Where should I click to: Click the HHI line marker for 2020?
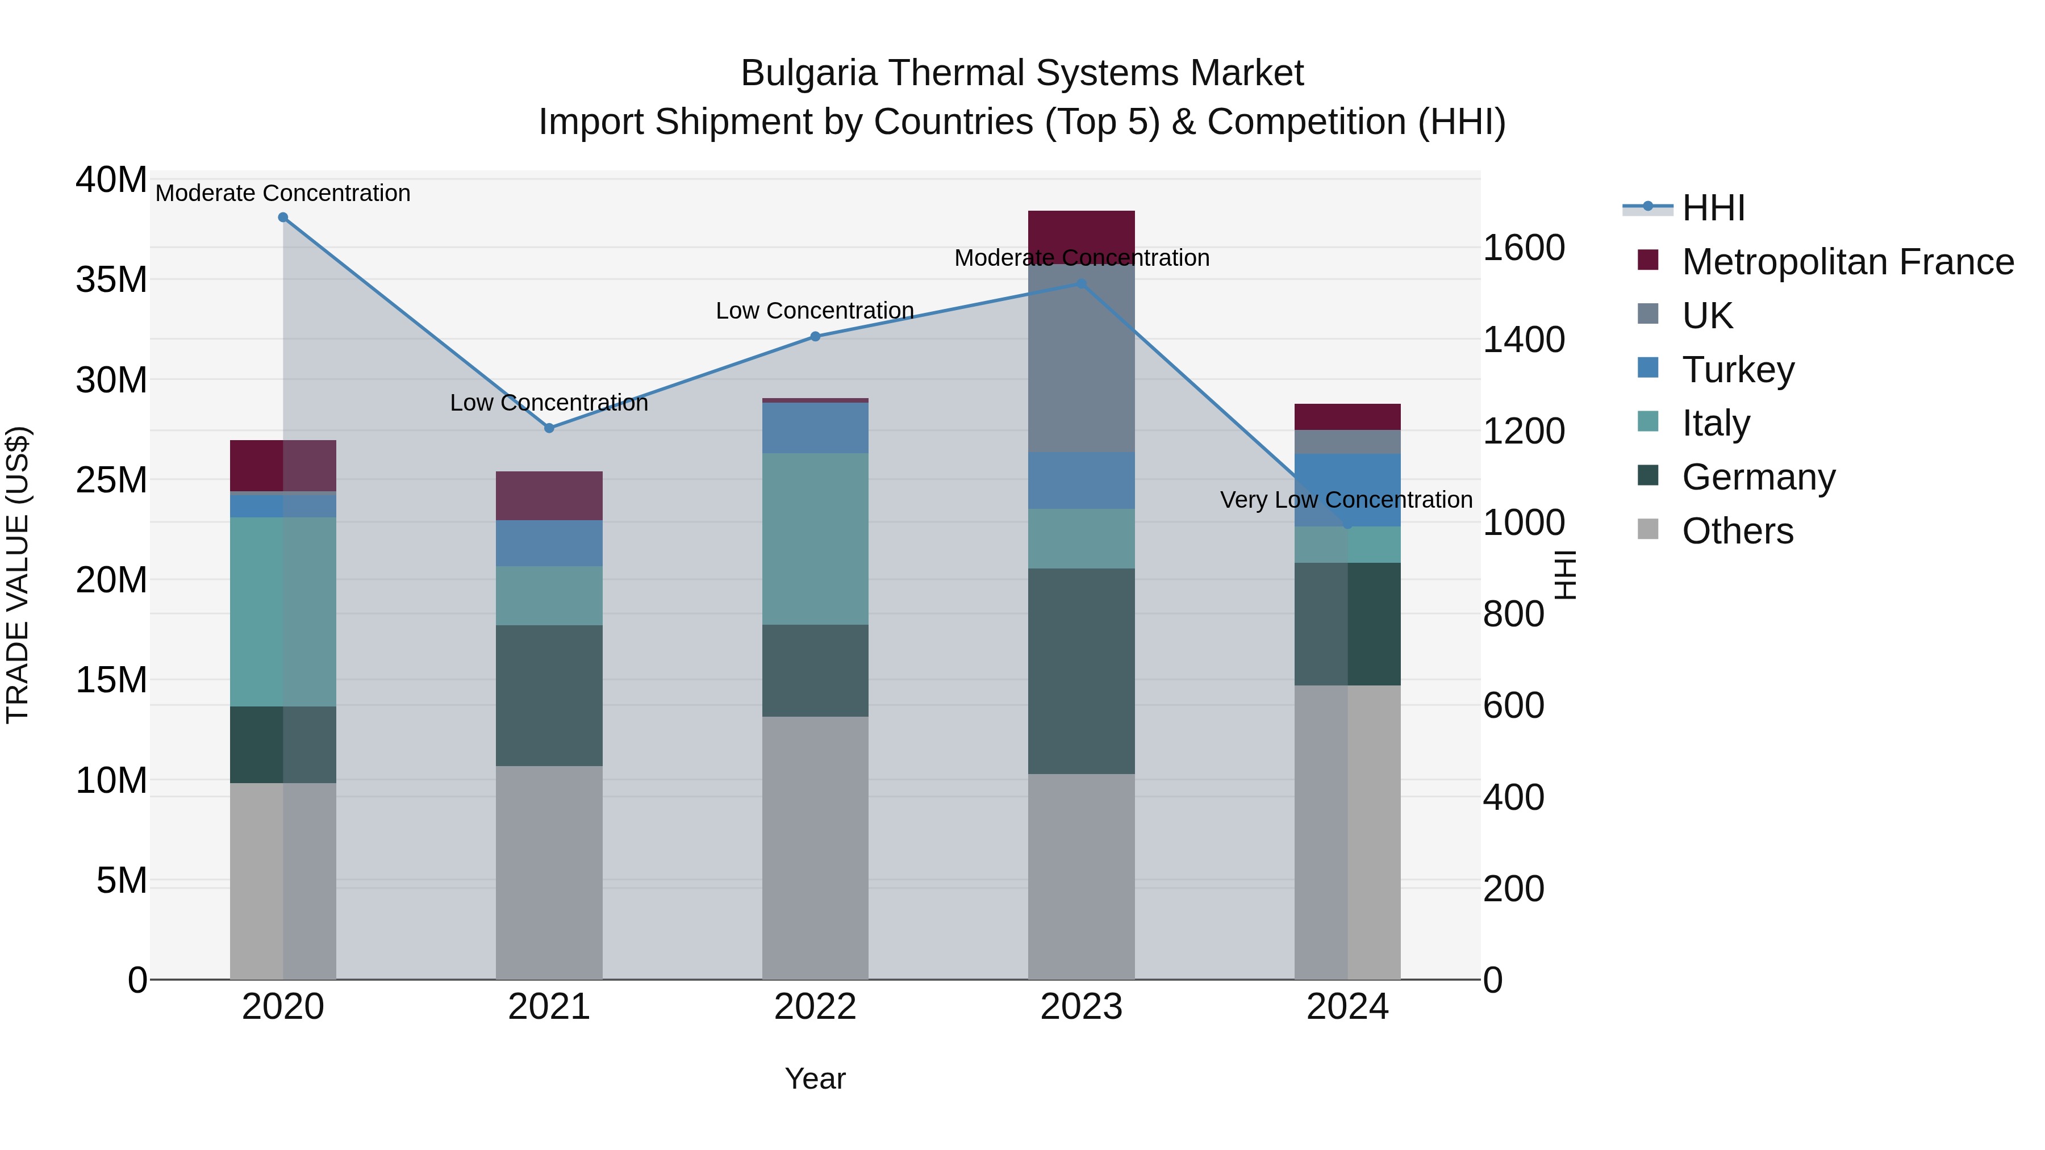click(283, 218)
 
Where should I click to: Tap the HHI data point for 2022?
click(815, 337)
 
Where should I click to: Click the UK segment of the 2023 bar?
click(1080, 357)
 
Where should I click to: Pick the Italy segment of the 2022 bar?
click(815, 539)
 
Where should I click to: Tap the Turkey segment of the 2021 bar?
click(549, 543)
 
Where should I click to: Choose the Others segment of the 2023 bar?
click(1080, 876)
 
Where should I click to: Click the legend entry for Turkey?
click(1737, 370)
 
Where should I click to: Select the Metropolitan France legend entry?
click(1847, 262)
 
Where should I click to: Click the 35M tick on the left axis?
click(111, 280)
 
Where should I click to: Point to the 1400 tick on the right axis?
click(1524, 340)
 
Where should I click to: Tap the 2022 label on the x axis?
click(815, 1008)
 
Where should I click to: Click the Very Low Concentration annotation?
click(1346, 500)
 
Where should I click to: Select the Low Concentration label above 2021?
click(549, 403)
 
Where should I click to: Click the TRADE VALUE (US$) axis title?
click(18, 575)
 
